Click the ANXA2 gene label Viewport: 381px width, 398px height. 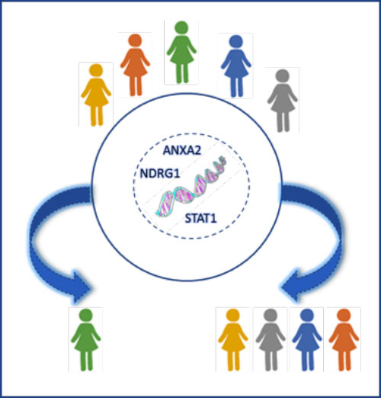(x=182, y=150)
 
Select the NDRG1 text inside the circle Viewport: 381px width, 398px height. (x=160, y=174)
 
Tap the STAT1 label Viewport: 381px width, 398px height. (x=200, y=219)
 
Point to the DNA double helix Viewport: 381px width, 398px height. (x=191, y=187)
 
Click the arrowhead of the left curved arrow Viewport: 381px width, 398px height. (x=82, y=288)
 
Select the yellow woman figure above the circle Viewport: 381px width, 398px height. (x=96, y=95)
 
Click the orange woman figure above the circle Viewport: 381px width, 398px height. (x=135, y=65)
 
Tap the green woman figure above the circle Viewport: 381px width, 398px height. (x=181, y=52)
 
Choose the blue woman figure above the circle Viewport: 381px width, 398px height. (x=236, y=66)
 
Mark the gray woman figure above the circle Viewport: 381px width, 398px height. (x=283, y=101)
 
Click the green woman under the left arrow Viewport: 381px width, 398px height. (x=86, y=340)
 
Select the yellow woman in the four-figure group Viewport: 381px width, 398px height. (x=233, y=340)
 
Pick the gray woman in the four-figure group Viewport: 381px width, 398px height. (x=271, y=340)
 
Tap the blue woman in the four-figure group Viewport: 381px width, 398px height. (x=307, y=340)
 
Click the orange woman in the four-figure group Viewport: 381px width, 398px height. (x=344, y=340)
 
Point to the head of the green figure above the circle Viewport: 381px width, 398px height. (x=181, y=27)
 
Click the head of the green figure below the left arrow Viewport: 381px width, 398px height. (x=86, y=316)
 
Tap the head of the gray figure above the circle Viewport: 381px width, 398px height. (x=283, y=75)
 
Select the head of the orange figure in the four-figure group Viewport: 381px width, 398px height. (x=344, y=316)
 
